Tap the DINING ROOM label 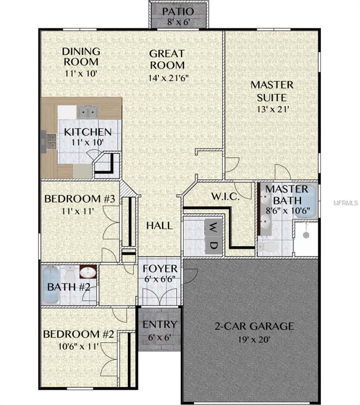(81, 56)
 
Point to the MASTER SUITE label (272, 91)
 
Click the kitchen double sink (87, 111)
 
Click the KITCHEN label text (88, 132)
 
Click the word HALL (159, 226)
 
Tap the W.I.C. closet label (226, 197)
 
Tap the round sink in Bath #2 (87, 273)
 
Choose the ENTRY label (160, 324)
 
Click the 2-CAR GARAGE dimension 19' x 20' (253, 340)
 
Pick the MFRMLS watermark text (346, 202)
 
